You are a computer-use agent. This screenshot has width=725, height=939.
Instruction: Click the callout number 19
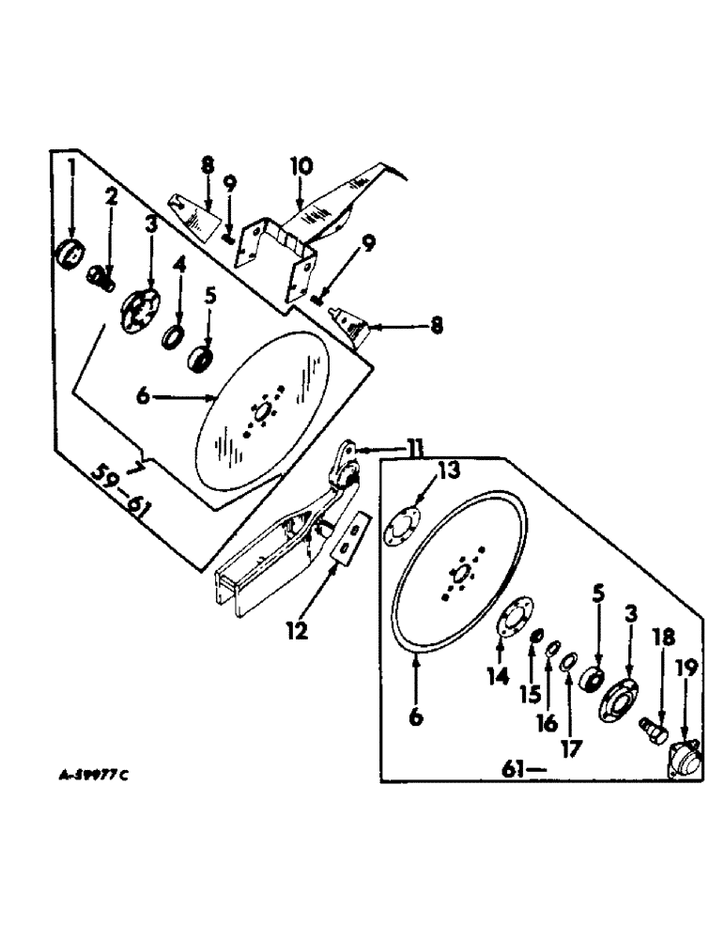(684, 668)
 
